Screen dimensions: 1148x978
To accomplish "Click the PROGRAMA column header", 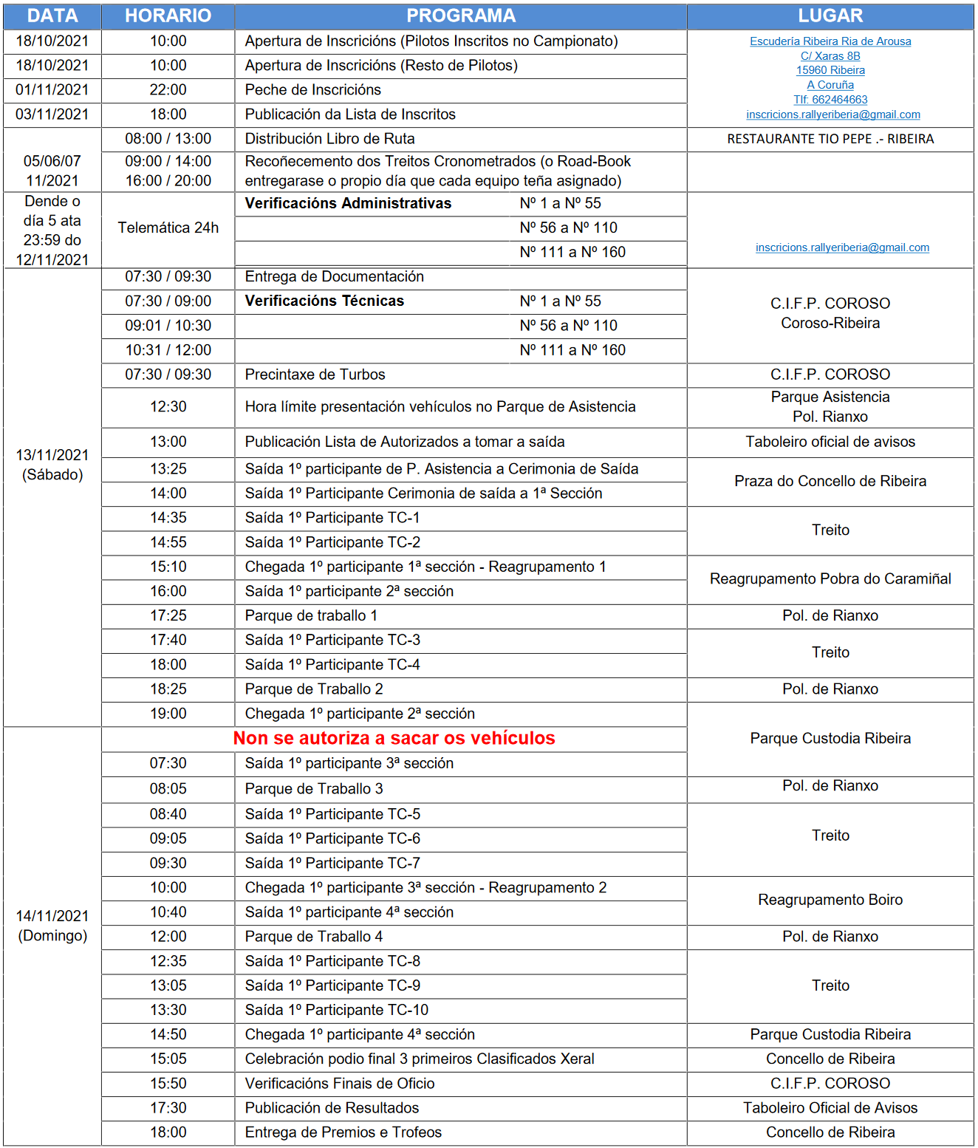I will (461, 16).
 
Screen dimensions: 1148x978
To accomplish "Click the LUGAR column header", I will (830, 16).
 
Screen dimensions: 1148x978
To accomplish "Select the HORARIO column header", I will (168, 16).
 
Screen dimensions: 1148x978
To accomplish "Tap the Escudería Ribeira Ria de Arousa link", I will (830, 41).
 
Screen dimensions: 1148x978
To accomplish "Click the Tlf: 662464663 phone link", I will (830, 100).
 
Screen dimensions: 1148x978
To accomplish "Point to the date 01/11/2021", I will (52, 90).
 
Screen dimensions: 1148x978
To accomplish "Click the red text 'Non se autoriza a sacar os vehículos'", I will (394, 738).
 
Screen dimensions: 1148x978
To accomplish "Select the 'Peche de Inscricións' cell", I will (313, 90).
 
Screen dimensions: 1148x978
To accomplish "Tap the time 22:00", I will (168, 90).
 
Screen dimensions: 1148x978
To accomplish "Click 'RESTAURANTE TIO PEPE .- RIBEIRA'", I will (830, 139).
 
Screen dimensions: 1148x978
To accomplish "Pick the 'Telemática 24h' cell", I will (168, 228).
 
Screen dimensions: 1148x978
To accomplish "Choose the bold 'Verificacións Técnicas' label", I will (324, 301).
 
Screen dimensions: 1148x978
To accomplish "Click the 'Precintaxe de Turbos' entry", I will (315, 375).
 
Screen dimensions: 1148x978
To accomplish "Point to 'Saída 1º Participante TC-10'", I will (337, 1010).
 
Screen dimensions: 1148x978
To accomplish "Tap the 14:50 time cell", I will (168, 1034).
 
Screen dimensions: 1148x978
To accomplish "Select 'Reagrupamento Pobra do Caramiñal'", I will (830, 578).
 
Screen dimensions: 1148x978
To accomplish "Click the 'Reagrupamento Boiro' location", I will (830, 900).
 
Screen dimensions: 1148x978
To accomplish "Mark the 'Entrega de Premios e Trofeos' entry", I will (343, 1132).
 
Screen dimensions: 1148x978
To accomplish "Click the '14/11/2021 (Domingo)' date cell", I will (52, 926).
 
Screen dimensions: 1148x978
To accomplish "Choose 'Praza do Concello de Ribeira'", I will (830, 481).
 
